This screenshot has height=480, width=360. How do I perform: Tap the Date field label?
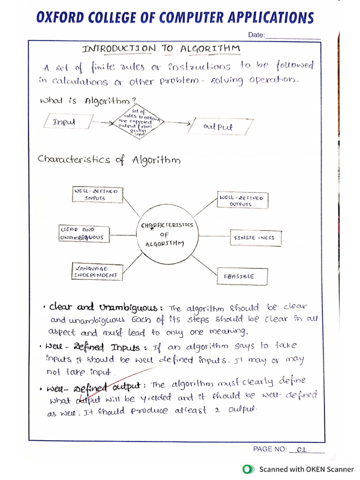(256, 35)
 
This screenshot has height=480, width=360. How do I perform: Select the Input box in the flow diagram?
(66, 122)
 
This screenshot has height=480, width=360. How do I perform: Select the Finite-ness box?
(254, 238)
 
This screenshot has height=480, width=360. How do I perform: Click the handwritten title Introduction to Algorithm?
(162, 48)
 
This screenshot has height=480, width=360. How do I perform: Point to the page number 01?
(301, 450)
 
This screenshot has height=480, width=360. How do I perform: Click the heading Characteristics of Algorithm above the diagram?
(109, 160)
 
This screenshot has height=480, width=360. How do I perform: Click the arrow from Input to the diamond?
(102, 122)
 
